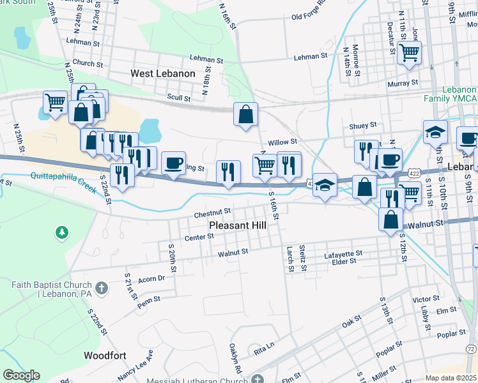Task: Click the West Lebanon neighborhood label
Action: [162, 74]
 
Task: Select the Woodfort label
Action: [105, 355]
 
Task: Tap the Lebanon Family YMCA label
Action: [450, 94]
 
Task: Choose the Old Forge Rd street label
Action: [309, 16]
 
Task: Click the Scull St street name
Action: [178, 98]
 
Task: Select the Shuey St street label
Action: [362, 126]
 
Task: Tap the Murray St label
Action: [402, 83]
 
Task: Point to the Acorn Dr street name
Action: [151, 278]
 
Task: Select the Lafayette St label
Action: [343, 253]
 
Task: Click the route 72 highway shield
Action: [470, 349]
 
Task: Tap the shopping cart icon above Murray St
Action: [409, 52]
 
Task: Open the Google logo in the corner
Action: [21, 375]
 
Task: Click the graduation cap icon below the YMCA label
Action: [435, 131]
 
